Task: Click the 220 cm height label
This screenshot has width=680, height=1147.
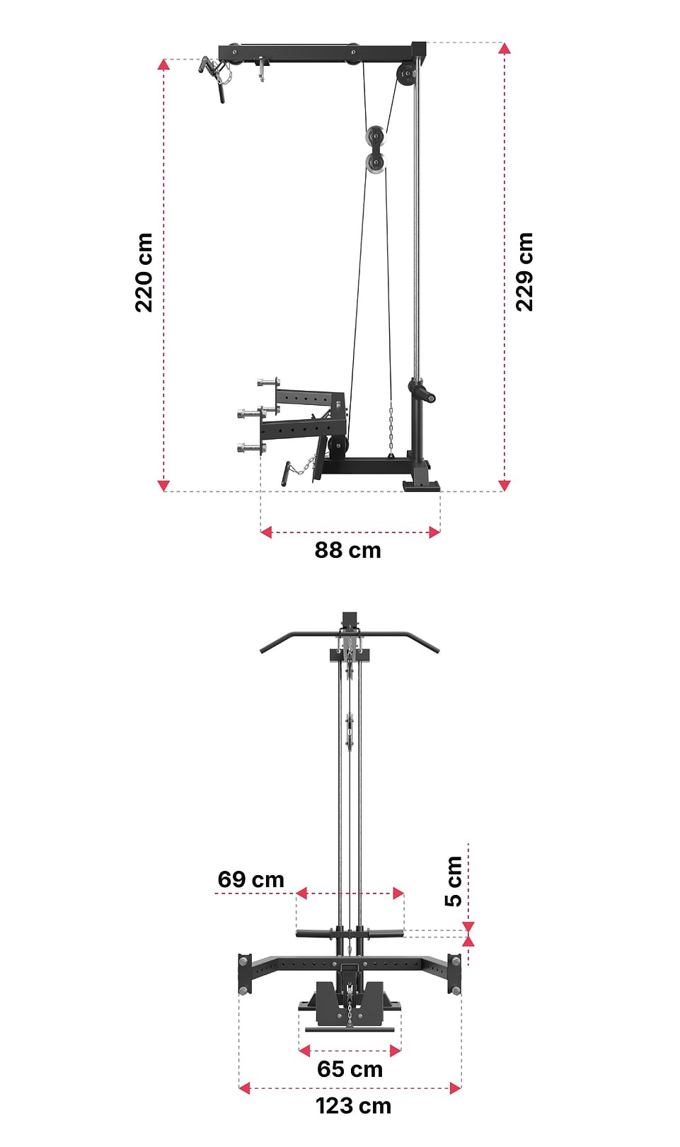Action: pyautogui.click(x=144, y=273)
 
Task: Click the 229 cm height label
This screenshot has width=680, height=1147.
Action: pyautogui.click(x=524, y=272)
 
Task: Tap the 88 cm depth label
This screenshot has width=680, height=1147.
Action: pyautogui.click(x=347, y=550)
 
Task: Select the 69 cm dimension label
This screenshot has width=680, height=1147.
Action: pyautogui.click(x=250, y=879)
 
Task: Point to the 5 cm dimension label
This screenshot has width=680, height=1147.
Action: pyautogui.click(x=453, y=881)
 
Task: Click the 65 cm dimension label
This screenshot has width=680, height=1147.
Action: pyautogui.click(x=350, y=1069)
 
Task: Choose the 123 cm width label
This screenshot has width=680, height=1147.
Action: pyautogui.click(x=353, y=1106)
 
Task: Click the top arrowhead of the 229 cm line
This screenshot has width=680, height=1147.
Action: pyautogui.click(x=504, y=48)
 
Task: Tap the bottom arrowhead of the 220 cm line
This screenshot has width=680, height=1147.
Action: pyautogui.click(x=163, y=485)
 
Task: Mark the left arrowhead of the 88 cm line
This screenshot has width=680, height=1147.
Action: pyautogui.click(x=266, y=532)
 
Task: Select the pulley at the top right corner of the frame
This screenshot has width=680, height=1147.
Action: pyautogui.click(x=406, y=74)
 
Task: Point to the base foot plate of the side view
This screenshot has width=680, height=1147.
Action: pyautogui.click(x=422, y=486)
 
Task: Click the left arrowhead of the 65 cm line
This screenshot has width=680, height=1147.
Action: pyautogui.click(x=304, y=1051)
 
